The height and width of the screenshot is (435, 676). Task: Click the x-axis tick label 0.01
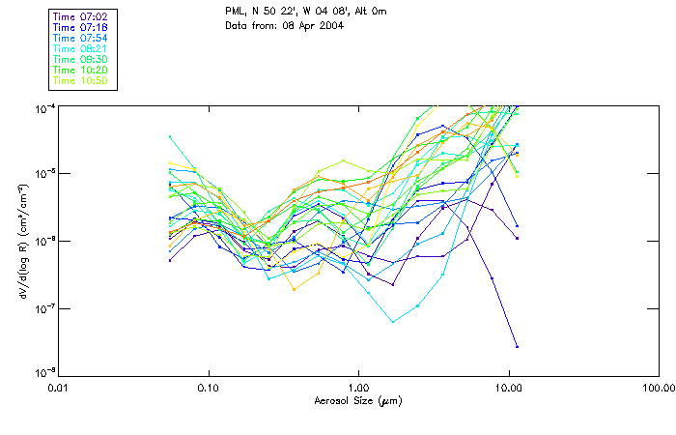pyautogui.click(x=59, y=388)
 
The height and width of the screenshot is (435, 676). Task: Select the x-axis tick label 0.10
pyautogui.click(x=208, y=388)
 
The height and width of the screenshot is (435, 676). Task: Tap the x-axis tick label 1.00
pyautogui.click(x=358, y=388)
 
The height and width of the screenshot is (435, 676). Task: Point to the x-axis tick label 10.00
pyautogui.click(x=508, y=388)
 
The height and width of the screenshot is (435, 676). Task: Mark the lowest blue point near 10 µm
pyautogui.click(x=517, y=346)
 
